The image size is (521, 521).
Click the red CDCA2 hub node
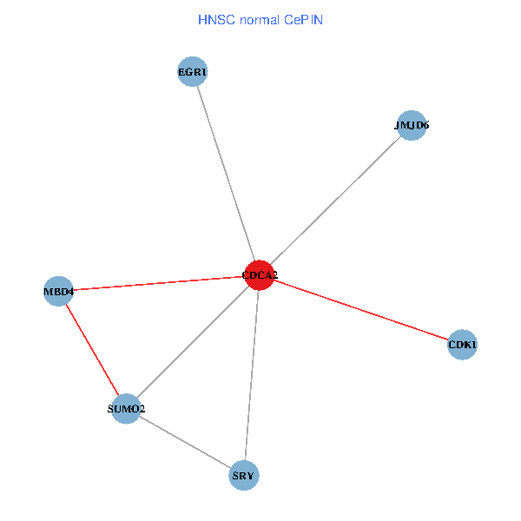click(260, 275)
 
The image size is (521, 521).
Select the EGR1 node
click(192, 72)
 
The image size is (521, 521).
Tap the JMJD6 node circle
click(411, 125)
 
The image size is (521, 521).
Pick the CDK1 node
click(462, 345)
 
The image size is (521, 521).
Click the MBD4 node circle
click(59, 291)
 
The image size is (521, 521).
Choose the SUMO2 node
click(126, 408)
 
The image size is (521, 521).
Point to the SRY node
click(244, 476)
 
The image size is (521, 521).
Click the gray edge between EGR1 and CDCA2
click(226, 174)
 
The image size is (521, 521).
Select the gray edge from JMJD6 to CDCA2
click(335, 200)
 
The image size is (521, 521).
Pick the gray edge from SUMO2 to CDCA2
click(193, 342)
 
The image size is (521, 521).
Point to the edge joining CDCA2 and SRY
click(252, 375)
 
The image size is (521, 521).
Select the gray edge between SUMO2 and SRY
click(185, 442)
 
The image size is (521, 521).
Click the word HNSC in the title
click(212, 19)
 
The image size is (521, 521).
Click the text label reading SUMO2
click(126, 408)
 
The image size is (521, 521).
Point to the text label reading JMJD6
click(411, 125)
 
